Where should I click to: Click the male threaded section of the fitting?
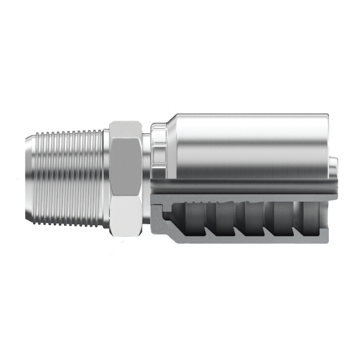click(68, 178)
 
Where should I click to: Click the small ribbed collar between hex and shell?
click(157, 143)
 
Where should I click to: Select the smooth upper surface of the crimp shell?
click(253, 141)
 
